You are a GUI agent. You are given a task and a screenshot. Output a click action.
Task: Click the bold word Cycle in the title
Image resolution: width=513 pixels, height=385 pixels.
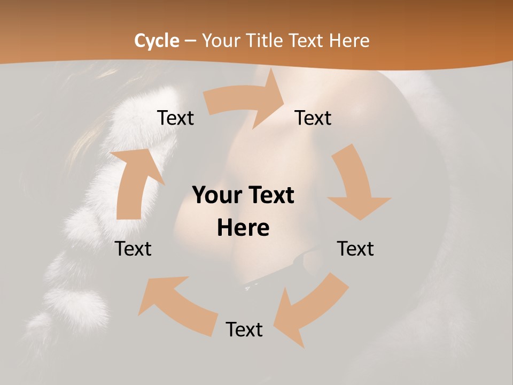coord(157,41)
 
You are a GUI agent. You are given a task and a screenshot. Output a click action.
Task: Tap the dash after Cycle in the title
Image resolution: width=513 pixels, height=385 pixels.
coord(191,41)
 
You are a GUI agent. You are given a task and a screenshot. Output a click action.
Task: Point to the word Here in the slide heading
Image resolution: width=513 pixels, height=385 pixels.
coord(350,41)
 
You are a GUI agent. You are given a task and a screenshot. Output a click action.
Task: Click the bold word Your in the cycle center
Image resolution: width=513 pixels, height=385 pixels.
coord(216,196)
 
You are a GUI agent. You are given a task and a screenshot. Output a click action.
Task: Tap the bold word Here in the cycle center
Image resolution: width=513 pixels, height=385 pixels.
coord(243,228)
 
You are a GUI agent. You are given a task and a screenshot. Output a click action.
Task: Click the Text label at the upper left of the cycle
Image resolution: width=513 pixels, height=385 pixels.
coord(175,118)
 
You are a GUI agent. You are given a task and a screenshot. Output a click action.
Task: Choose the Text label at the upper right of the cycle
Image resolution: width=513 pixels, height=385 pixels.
coord(313,118)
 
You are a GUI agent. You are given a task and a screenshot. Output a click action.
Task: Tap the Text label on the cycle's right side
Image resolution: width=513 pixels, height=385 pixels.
coord(355,249)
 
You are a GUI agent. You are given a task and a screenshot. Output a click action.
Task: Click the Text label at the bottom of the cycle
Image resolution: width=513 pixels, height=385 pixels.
coord(244,329)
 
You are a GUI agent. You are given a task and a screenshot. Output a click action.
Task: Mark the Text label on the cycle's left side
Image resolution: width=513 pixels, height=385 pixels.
coord(133,249)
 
